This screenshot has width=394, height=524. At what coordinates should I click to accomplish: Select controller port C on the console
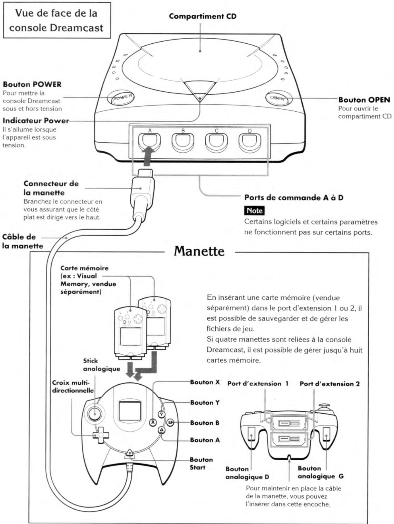click(216, 142)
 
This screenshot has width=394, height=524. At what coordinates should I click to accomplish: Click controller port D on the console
click(249, 142)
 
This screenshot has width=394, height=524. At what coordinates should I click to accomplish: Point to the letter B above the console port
click(183, 131)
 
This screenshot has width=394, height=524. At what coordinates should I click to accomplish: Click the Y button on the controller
click(161, 414)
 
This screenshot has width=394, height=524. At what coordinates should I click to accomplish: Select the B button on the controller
click(170, 422)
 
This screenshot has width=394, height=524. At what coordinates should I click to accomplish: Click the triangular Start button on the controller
click(130, 454)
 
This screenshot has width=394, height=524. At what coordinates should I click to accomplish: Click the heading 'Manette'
click(199, 251)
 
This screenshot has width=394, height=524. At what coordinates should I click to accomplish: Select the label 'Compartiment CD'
click(203, 16)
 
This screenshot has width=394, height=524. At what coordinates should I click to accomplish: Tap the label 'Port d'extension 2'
click(330, 384)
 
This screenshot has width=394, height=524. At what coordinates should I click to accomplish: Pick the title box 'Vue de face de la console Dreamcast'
click(57, 20)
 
